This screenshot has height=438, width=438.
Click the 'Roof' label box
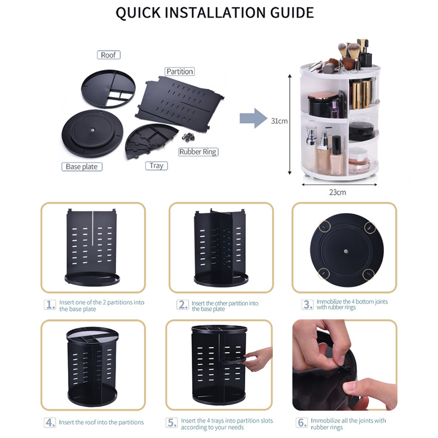click(108, 55)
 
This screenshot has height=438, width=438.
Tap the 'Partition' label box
click(180, 72)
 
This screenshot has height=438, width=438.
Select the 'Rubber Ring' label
click(198, 152)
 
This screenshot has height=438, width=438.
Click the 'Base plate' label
click(82, 167)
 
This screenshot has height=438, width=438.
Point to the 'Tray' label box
click(157, 166)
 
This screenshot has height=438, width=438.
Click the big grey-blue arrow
click(253, 118)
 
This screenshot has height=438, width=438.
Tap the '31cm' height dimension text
click(279, 121)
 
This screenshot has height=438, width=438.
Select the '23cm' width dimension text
click(337, 193)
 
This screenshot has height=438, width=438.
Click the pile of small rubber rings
click(188, 137)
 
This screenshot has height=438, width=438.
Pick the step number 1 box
click(50, 305)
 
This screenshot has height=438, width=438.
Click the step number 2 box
click(183, 305)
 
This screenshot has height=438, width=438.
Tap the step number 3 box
click(308, 304)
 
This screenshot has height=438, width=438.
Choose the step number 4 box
click(50, 422)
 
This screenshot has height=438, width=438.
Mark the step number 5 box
click(171, 423)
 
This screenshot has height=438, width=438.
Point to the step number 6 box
click(302, 423)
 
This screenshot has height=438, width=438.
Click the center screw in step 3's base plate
click(346, 251)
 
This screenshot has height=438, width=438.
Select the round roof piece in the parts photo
click(108, 89)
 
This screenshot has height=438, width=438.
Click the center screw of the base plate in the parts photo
click(93, 130)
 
